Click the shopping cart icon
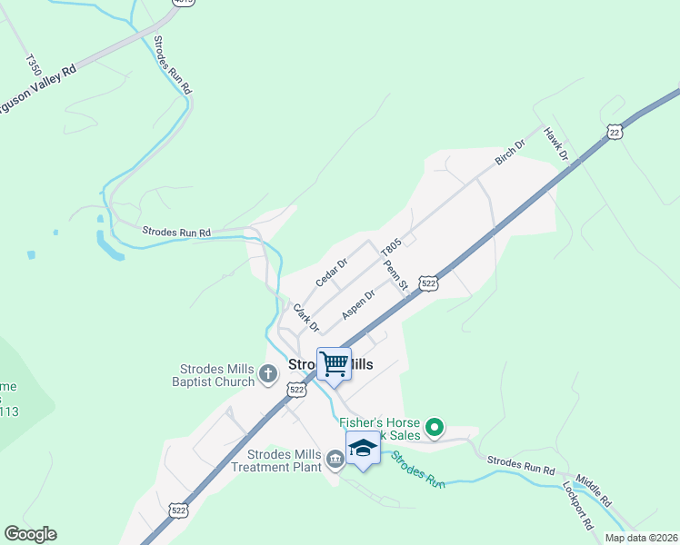[x=334, y=363]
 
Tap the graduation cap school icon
[x=363, y=449]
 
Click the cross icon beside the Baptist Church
[x=268, y=373]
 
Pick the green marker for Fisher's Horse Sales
[x=435, y=426]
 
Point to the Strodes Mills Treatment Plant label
[x=276, y=461]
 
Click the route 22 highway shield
[x=615, y=133]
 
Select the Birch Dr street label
[x=510, y=152]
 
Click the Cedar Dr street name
[x=332, y=272]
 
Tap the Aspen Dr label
[x=358, y=304]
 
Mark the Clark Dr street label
[x=305, y=316]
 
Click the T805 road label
[x=391, y=247]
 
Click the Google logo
[x=30, y=534]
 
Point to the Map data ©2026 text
[x=641, y=538]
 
